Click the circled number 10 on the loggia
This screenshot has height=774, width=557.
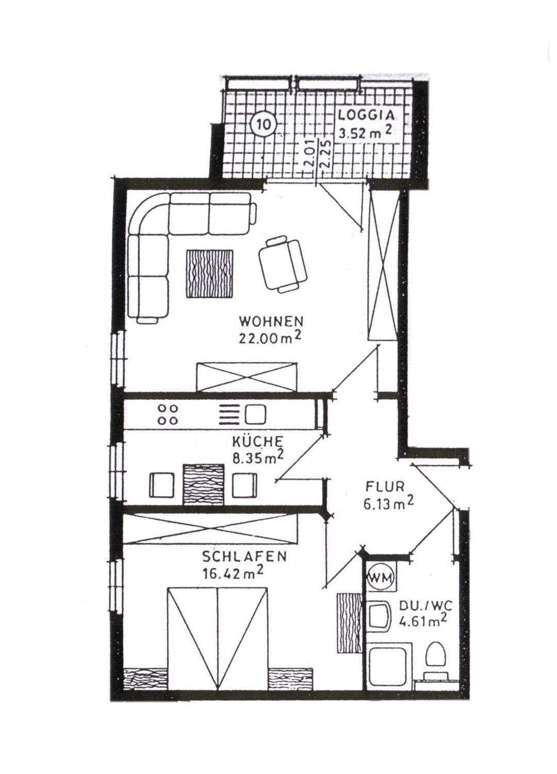tap(264, 124)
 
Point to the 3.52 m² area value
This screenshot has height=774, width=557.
tap(366, 132)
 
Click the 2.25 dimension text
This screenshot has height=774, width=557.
tap(326, 154)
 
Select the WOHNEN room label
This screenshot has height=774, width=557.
tap(271, 321)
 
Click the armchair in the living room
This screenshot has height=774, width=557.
tap(283, 264)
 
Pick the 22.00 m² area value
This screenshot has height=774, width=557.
tap(268, 338)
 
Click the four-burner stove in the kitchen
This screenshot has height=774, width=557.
tap(168, 414)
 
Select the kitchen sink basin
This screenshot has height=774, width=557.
tap(255, 414)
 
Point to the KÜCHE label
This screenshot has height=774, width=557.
tap(258, 442)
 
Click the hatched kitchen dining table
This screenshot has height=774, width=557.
tap(204, 485)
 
